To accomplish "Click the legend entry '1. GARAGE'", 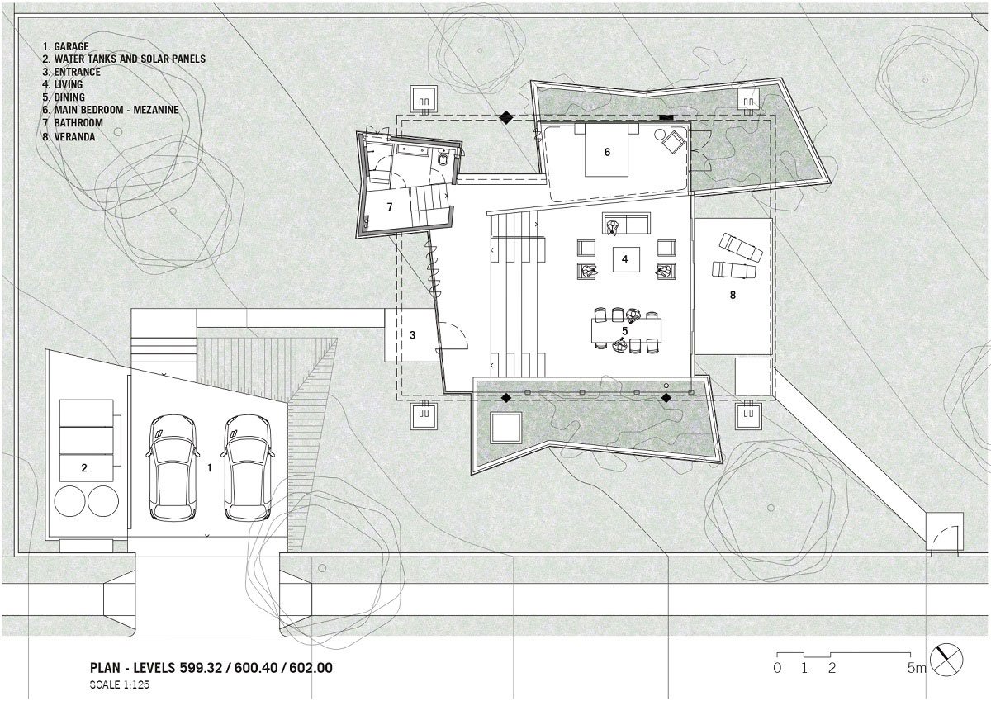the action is click(65, 46).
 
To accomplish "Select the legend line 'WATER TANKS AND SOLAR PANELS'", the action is click(130, 59).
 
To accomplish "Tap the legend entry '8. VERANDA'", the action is click(69, 137).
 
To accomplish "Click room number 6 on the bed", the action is click(607, 152).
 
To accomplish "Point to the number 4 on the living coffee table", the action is click(624, 259).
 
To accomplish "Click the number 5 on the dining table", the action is click(624, 331).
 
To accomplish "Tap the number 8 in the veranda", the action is click(733, 295).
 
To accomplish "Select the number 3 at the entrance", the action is click(412, 335).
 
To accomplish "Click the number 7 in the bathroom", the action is click(389, 207).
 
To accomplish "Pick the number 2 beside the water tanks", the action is click(84, 468).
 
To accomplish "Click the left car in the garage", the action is click(172, 467).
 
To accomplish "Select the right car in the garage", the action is click(247, 467).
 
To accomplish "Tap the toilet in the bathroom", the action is click(443, 159).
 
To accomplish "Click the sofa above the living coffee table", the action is click(626, 224).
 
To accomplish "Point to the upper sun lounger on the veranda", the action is click(741, 247).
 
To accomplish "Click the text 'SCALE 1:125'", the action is click(120, 685).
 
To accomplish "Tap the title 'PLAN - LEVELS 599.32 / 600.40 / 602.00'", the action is click(211, 668).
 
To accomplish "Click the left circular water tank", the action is click(69, 501).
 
